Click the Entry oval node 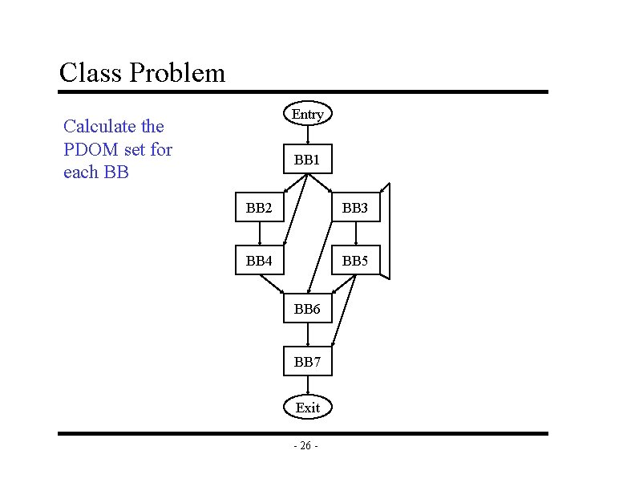click(x=308, y=115)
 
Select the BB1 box click(x=308, y=160)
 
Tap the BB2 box click(x=260, y=209)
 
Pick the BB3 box click(x=355, y=209)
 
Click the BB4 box click(x=260, y=261)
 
